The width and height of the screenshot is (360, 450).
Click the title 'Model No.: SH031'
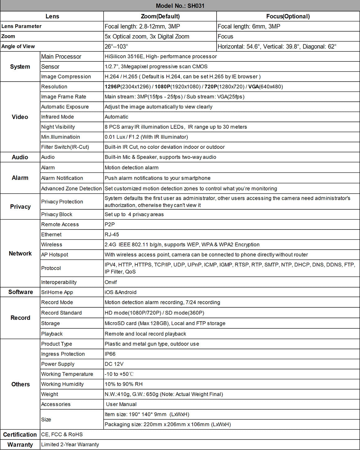[x=180, y=6]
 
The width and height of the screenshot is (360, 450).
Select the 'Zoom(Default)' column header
[x=160, y=16]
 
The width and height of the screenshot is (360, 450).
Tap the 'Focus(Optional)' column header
[x=288, y=16]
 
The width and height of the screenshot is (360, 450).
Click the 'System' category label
[x=20, y=67]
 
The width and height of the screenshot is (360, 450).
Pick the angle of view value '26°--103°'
[x=116, y=47]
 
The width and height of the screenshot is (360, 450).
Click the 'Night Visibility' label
[x=58, y=127]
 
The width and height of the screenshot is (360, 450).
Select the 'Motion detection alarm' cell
[x=132, y=167]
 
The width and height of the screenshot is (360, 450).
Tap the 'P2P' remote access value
[x=110, y=224]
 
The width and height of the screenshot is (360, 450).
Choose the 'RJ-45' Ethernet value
[x=112, y=234]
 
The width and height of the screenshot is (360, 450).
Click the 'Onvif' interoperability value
[x=111, y=282]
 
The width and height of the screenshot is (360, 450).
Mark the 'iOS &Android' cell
[x=120, y=292]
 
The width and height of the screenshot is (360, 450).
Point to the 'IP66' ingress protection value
[x=110, y=354]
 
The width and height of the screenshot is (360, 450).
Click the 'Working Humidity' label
[x=62, y=384]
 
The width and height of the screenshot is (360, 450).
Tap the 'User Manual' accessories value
[x=121, y=404]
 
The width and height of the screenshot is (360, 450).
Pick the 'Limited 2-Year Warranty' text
[x=70, y=444]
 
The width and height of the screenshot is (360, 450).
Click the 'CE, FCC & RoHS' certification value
[x=62, y=434]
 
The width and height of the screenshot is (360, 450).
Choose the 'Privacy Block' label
[x=57, y=214]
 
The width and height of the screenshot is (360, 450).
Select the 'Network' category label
[x=20, y=253]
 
